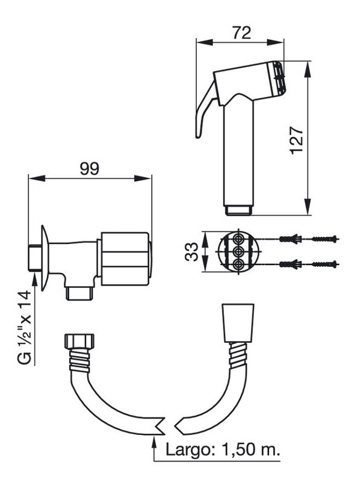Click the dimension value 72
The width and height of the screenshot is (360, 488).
241,33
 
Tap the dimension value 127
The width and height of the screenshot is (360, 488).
296,140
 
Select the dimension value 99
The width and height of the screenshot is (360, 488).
90,169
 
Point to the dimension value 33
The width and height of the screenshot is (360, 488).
191,252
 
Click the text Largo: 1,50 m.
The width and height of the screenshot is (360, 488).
222,449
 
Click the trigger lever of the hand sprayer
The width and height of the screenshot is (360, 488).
204,110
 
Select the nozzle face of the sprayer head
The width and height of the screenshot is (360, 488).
279,78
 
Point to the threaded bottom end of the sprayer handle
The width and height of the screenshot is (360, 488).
238,210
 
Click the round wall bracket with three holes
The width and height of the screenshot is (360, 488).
239,252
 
